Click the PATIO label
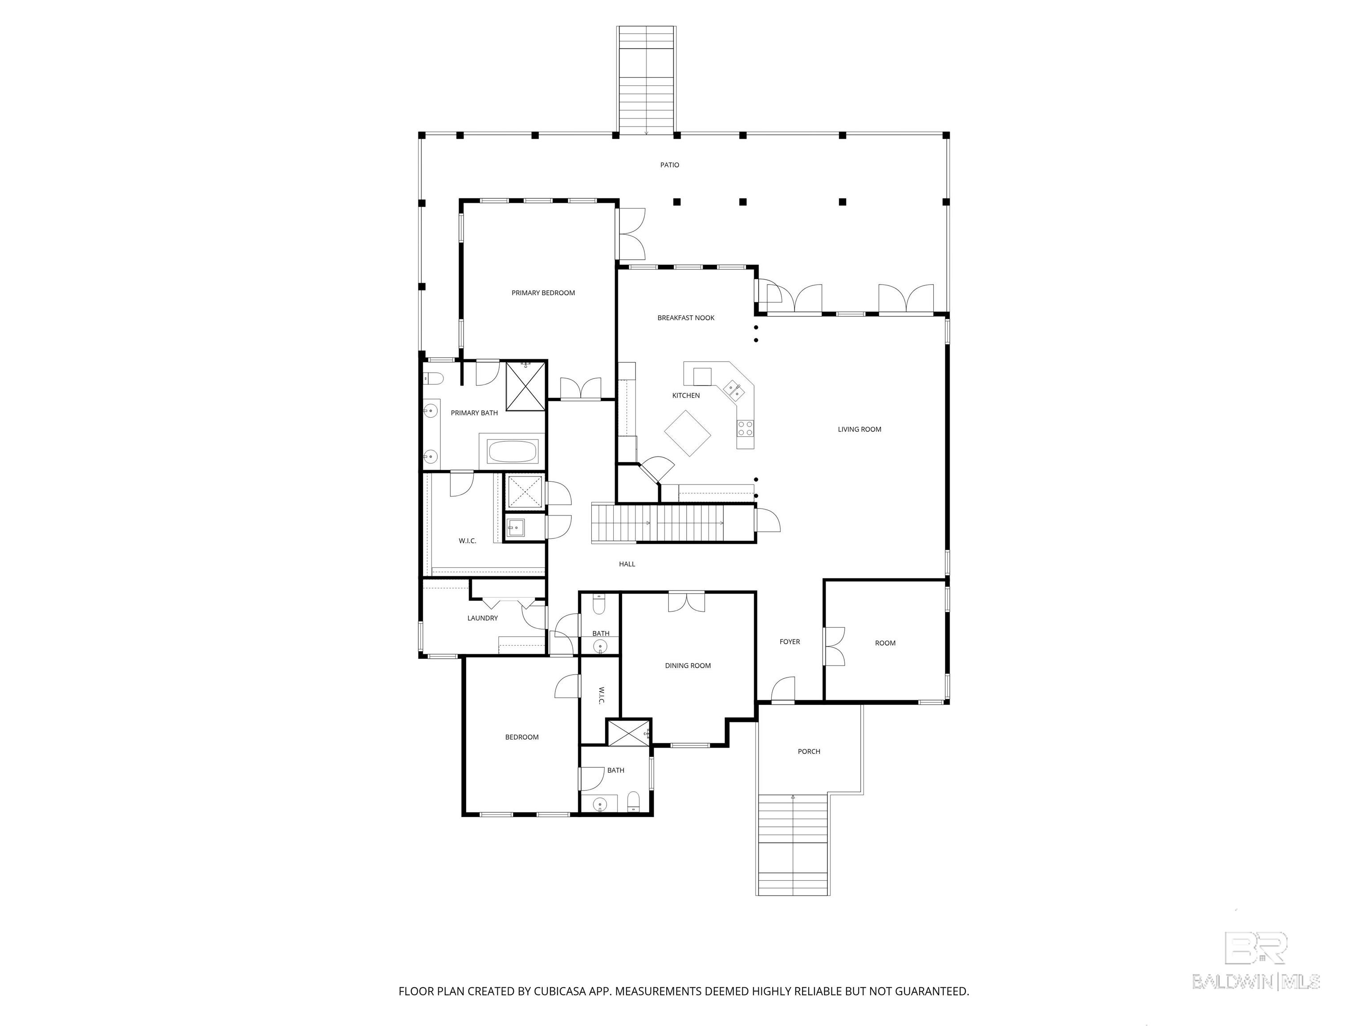point(669,165)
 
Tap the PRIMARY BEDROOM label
point(543,293)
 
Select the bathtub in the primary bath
point(512,451)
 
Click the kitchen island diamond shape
point(688,433)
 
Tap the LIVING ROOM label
point(859,429)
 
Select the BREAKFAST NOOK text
point(686,318)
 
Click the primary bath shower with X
point(525,387)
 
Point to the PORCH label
point(809,751)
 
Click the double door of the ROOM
point(834,646)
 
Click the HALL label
point(627,564)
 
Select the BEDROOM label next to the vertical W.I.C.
point(521,737)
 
